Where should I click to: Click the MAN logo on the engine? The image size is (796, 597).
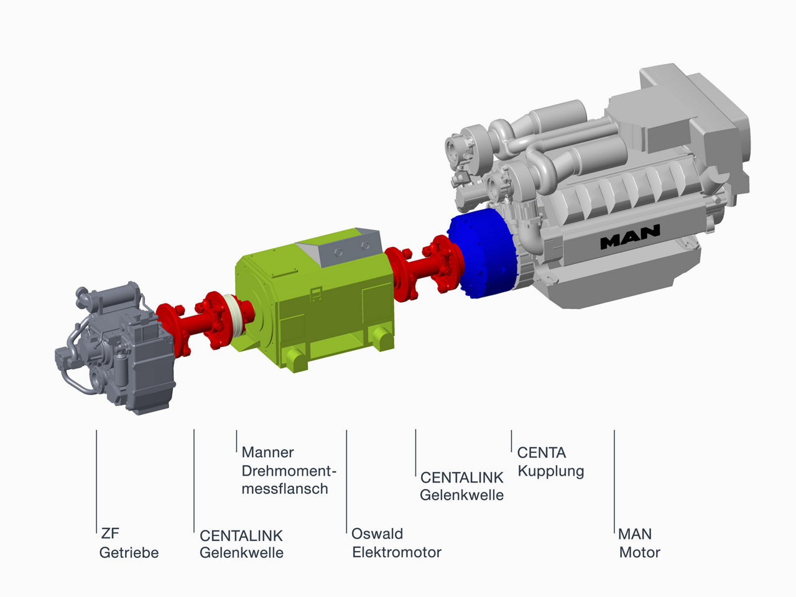pos(629,237)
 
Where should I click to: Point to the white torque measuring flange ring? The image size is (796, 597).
pos(236,320)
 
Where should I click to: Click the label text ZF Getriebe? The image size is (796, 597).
pos(129,543)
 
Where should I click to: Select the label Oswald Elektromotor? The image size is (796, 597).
pos(396,543)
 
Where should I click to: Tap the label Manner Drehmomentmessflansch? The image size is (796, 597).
pos(285,471)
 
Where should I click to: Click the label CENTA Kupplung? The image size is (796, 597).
pos(550,462)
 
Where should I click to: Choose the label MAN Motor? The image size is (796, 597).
pos(639,543)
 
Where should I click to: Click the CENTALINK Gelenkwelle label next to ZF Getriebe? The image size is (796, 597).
pos(241,544)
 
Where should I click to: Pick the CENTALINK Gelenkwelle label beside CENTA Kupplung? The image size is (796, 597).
pos(461,486)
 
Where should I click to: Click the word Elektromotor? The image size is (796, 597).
pos(397,552)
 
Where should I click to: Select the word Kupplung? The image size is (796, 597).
pos(551,471)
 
